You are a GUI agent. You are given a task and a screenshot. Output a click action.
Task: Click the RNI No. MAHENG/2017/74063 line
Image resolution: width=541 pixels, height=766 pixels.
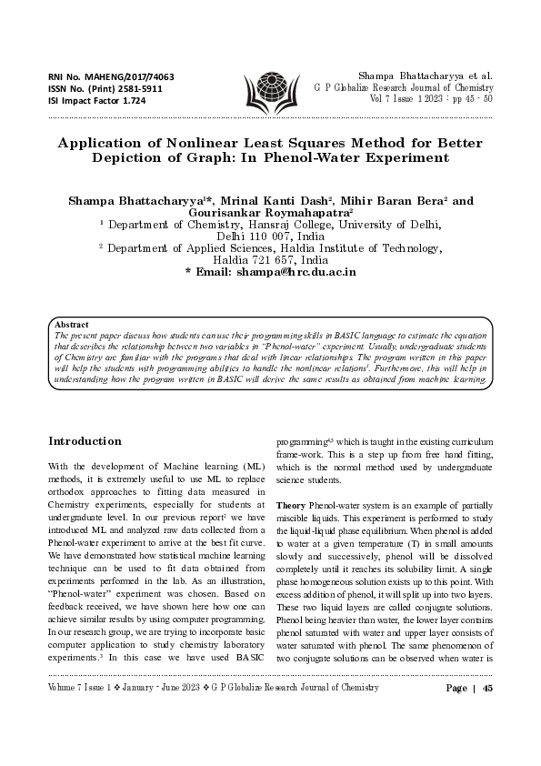[x=111, y=76]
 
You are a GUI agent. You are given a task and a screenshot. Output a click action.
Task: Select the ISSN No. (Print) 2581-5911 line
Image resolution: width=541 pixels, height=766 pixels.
[x=105, y=88]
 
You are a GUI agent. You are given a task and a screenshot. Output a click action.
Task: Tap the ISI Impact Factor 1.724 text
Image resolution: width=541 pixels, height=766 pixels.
[x=96, y=100]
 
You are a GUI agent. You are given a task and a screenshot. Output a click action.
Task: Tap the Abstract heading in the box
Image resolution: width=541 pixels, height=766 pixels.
[x=72, y=324]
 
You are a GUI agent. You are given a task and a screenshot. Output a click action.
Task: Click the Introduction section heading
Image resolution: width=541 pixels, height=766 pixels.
[x=84, y=441]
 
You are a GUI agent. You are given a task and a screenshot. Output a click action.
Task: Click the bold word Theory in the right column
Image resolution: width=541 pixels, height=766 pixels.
[x=290, y=504]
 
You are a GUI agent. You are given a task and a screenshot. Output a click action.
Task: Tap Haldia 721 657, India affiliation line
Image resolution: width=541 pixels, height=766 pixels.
[x=270, y=259]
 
